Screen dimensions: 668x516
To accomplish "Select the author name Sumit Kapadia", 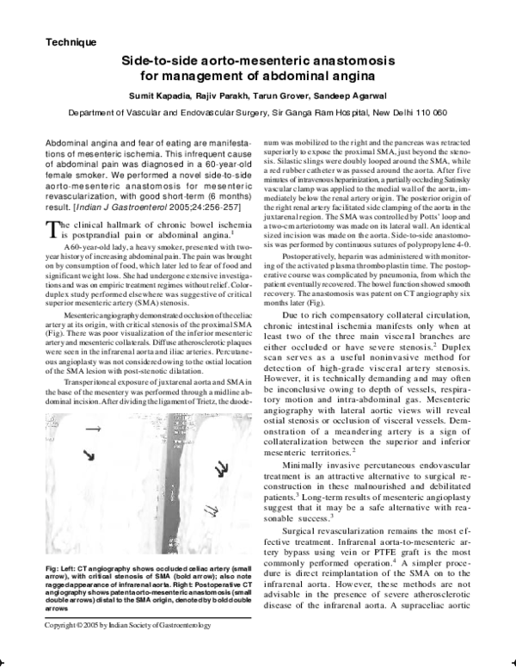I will [x=162, y=95].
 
